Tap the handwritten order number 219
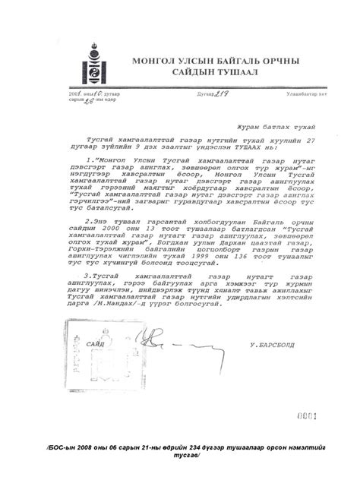[199, 93]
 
